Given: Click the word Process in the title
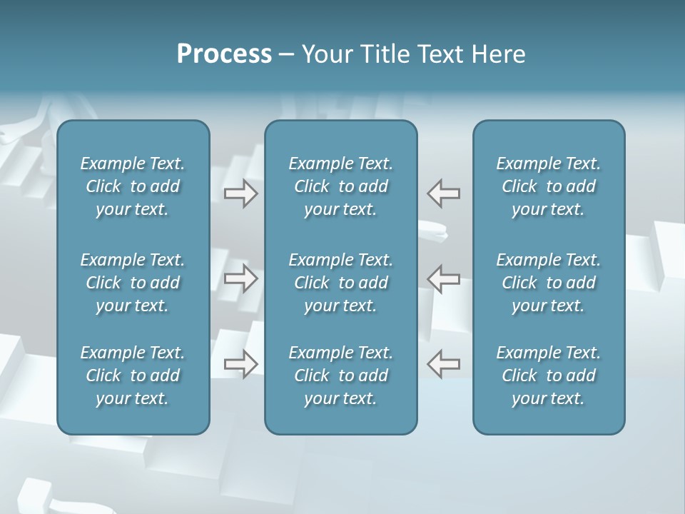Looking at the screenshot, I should pyautogui.click(x=224, y=54).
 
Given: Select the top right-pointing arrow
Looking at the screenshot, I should pyautogui.click(x=241, y=193).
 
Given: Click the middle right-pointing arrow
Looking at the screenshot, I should pyautogui.click(x=241, y=278).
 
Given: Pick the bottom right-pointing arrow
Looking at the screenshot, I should pyautogui.click(x=241, y=364).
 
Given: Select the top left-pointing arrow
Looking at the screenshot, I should pyautogui.click(x=444, y=193).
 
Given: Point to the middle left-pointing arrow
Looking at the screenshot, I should pyautogui.click(x=444, y=278).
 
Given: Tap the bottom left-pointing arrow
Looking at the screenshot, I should pyautogui.click(x=444, y=364).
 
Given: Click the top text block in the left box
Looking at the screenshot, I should pyautogui.click(x=133, y=186).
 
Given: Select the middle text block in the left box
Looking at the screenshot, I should pyautogui.click(x=133, y=283).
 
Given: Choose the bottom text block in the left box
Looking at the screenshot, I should pyautogui.click(x=133, y=376).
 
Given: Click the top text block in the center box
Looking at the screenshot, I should pyautogui.click(x=340, y=186).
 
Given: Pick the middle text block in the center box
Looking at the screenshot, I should pyautogui.click(x=340, y=283).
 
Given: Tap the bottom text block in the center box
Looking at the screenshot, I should pyautogui.click(x=340, y=376).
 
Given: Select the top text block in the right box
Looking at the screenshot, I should pyautogui.click(x=548, y=186).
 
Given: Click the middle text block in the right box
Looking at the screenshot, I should pyautogui.click(x=548, y=283).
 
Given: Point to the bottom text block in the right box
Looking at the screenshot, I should pyautogui.click(x=548, y=376).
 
